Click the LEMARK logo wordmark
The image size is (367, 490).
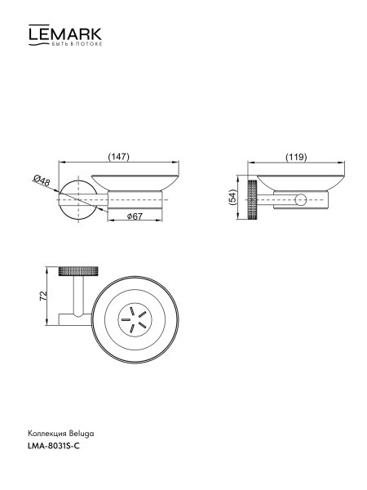[65, 33]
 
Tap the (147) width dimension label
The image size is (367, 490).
[118, 156]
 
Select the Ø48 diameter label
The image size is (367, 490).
[42, 180]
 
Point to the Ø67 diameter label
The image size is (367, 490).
[135, 216]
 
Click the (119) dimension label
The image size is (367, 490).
[296, 157]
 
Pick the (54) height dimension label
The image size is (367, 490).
[232, 197]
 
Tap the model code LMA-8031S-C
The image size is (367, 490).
[54, 446]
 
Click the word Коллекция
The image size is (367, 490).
[47, 434]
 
